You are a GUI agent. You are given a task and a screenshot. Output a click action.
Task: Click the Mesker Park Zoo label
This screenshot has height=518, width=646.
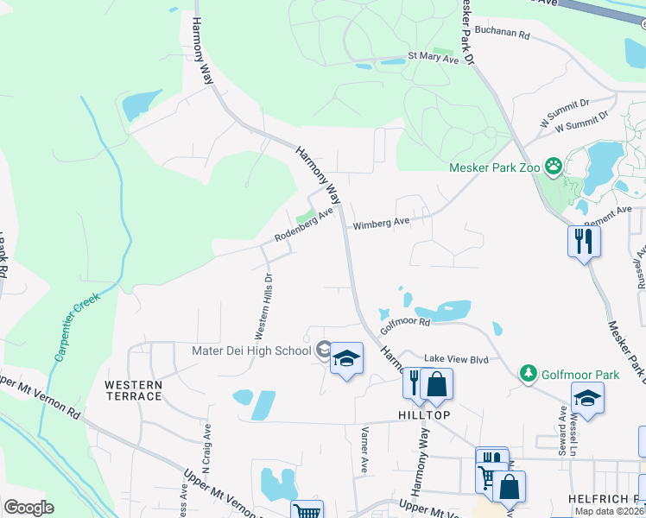(494, 167)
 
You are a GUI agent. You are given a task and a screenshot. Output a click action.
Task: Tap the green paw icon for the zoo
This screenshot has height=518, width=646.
(552, 166)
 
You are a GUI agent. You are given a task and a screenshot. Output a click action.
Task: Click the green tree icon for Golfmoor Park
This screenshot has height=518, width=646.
(528, 374)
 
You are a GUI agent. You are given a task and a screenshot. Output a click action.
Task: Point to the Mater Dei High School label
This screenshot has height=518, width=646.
(251, 351)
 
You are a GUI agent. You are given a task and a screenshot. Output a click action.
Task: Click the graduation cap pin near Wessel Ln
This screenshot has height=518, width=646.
(587, 399)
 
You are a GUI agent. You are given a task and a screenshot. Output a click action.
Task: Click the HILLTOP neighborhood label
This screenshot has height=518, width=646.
(424, 415)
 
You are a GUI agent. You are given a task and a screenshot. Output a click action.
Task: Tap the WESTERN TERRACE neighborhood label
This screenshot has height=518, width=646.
(133, 390)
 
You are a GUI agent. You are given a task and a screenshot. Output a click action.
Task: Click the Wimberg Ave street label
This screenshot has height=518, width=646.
(381, 223)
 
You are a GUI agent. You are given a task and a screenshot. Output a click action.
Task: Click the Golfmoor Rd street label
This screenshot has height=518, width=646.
(405, 323)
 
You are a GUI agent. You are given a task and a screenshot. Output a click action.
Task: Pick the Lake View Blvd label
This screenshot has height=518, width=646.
(450, 358)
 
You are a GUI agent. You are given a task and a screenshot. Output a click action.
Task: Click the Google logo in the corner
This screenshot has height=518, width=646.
(28, 507)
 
